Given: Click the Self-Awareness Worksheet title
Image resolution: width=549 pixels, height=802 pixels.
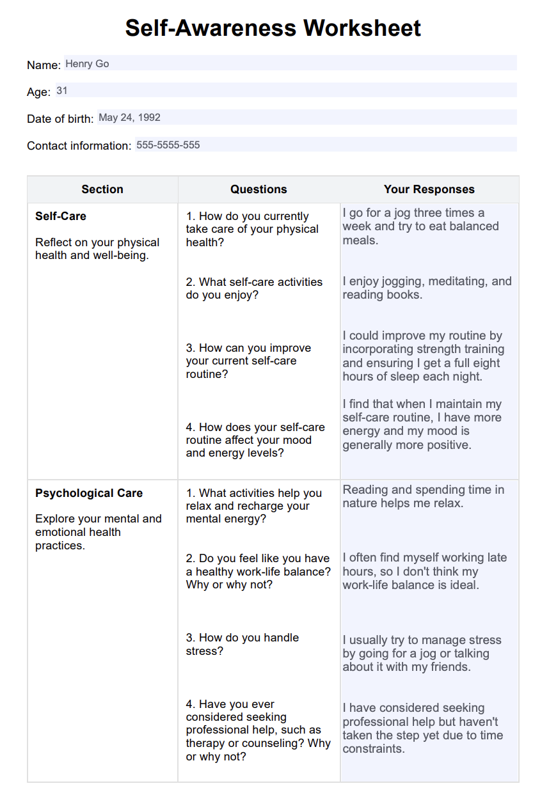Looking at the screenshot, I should point(273,28).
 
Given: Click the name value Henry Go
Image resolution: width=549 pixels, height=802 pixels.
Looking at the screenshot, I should point(87,64).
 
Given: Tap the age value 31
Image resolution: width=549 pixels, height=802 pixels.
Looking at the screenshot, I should point(62,91).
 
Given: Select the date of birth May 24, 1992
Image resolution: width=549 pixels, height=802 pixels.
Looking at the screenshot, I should point(129,118).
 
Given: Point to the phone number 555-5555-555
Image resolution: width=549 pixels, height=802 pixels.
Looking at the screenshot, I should point(168,145).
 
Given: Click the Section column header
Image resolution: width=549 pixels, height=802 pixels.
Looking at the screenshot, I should point(102,189).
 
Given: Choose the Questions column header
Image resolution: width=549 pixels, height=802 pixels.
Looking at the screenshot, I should point(259,189).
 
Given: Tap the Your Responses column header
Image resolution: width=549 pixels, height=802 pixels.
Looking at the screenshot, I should point(429,189).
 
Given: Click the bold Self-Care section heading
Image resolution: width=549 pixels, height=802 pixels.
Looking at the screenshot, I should point(61,216).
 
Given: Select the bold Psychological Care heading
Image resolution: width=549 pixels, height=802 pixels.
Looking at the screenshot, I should point(89,493).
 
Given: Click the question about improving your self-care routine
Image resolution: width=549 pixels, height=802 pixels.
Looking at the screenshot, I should point(249,361).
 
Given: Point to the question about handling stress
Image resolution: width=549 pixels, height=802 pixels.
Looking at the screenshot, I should point(243,644).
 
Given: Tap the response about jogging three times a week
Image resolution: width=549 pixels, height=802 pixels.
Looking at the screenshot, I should point(420,226).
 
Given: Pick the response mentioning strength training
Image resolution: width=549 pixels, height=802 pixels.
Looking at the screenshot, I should point(423,356).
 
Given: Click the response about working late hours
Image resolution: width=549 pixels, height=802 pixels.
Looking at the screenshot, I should point(424,571).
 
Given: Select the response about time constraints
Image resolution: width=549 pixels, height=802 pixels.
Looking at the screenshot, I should point(422,728).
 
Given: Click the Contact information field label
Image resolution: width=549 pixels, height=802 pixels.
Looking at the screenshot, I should point(79,146).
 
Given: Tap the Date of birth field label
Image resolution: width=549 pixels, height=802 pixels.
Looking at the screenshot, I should point(60,119).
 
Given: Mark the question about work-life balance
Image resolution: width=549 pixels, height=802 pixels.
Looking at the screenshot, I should point(259,571).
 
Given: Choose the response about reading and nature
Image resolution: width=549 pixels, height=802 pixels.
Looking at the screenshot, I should point(423,496).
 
